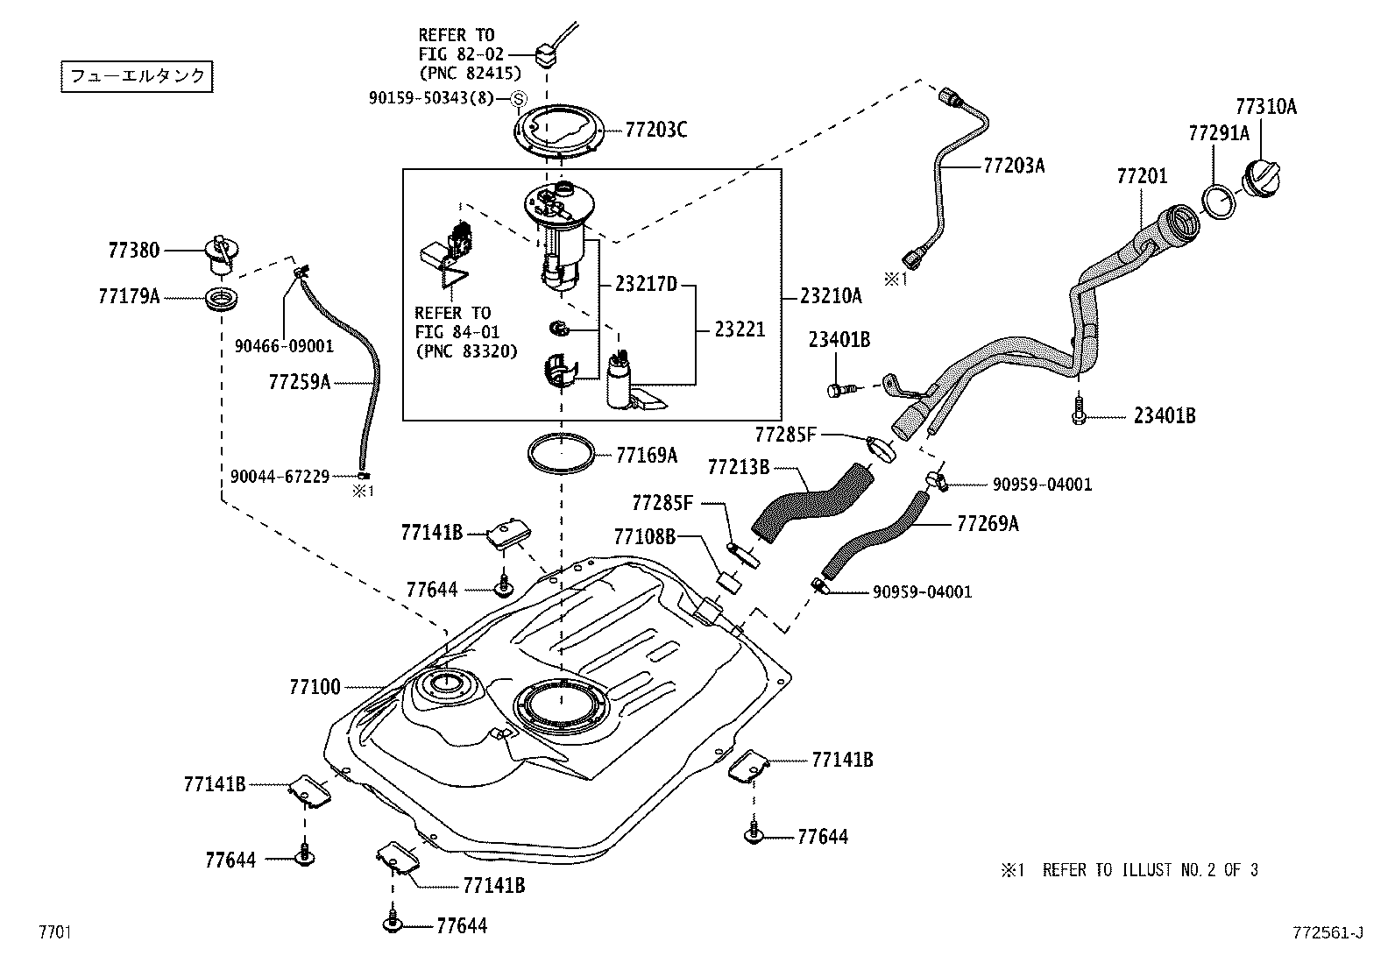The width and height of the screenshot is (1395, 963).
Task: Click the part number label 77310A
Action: tap(1265, 107)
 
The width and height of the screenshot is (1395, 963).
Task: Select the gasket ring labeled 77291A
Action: tap(1217, 200)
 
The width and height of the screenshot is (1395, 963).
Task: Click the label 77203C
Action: tap(655, 131)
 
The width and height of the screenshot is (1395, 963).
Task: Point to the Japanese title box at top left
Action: tap(138, 76)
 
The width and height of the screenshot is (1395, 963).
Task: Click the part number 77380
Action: tap(134, 251)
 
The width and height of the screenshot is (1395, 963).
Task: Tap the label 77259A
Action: tap(300, 382)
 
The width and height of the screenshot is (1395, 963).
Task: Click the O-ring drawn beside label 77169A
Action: tap(560, 454)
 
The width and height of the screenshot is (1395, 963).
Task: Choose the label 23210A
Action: tap(831, 296)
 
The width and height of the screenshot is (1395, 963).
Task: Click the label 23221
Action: tap(740, 329)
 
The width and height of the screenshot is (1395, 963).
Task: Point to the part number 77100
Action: tap(315, 687)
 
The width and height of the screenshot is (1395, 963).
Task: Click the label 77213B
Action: tap(738, 467)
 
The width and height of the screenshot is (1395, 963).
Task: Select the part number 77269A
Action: tap(988, 524)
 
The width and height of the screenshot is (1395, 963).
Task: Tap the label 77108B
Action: tap(645, 535)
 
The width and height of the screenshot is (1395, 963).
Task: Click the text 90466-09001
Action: tap(284, 346)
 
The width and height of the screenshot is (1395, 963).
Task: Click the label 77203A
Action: tap(1014, 166)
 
